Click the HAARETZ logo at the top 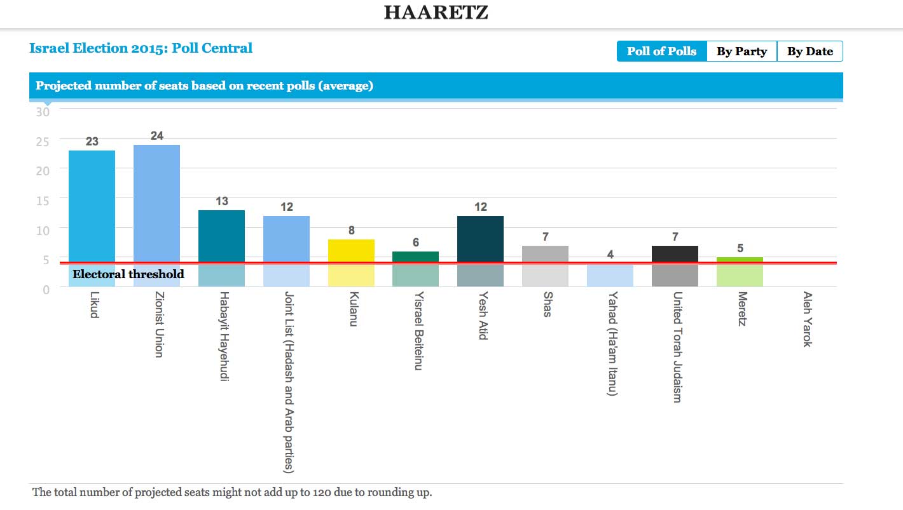pos(436,12)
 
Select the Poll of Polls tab pos(661,51)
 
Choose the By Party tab pos(741,51)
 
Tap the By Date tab pos(810,51)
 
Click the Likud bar pos(92,210)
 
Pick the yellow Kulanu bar pos(351,252)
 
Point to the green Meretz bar pos(740,260)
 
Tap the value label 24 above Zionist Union pos(157,135)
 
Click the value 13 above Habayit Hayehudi pos(221,201)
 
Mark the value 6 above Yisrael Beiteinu pos(416,243)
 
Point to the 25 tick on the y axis pos(43,141)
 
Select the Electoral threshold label pos(128,274)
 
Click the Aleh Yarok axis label pos(807,319)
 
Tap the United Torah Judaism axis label pos(677,347)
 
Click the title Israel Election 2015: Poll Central pos(141,48)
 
